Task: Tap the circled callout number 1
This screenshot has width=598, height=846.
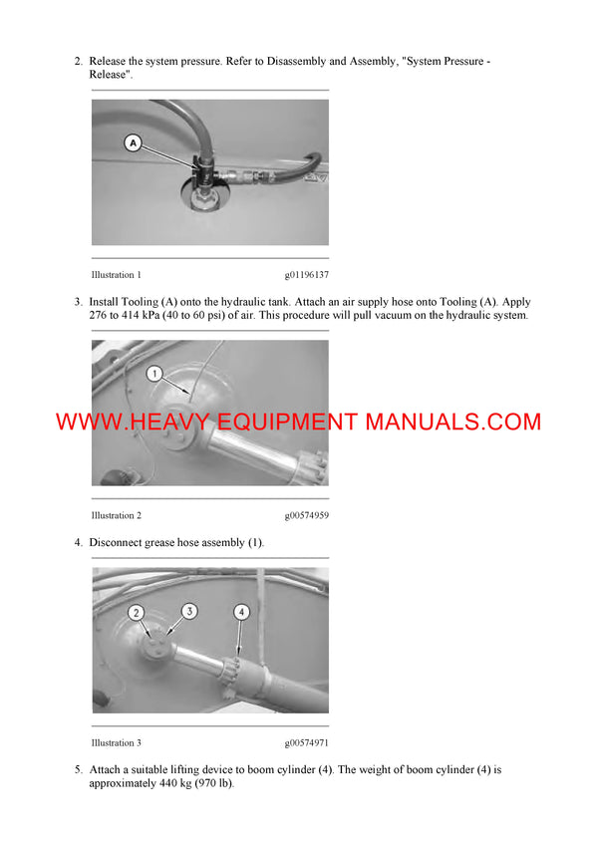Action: point(153,374)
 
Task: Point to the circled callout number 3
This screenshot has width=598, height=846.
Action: point(188,610)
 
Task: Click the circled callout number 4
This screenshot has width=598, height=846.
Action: point(241,611)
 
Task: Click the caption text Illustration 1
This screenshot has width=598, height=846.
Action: point(116,274)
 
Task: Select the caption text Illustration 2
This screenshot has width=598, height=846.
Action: point(116,515)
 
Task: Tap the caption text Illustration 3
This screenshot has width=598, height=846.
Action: point(116,742)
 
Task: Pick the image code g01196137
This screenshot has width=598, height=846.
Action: point(306,274)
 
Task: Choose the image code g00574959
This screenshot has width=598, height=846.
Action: point(306,515)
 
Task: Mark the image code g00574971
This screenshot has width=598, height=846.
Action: point(306,742)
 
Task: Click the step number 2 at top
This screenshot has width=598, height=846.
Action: point(78,62)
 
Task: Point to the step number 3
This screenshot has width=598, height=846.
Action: point(78,302)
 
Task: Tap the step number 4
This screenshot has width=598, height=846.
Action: point(78,542)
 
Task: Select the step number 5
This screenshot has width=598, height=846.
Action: point(78,770)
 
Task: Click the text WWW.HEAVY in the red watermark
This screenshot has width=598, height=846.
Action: point(122,422)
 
